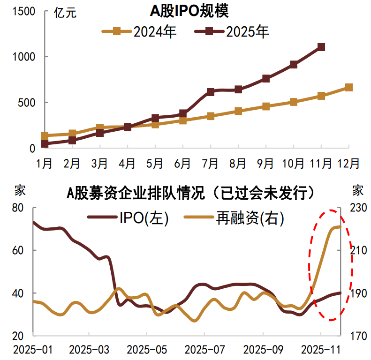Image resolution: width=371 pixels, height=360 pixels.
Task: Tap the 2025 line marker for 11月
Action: pyautogui.click(x=321, y=47)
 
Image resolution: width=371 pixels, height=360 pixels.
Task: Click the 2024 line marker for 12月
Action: pyautogui.click(x=348, y=88)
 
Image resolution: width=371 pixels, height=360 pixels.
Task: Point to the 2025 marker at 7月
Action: pyautogui.click(x=211, y=92)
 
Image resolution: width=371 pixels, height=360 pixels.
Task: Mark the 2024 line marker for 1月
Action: pyautogui.click(x=45, y=136)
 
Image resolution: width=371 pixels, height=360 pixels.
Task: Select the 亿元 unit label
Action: pyautogui.click(x=65, y=13)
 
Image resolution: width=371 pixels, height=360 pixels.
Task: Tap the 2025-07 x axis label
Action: pyautogui.click(x=204, y=350)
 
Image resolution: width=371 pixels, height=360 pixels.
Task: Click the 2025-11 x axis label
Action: pyautogui.click(x=320, y=350)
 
